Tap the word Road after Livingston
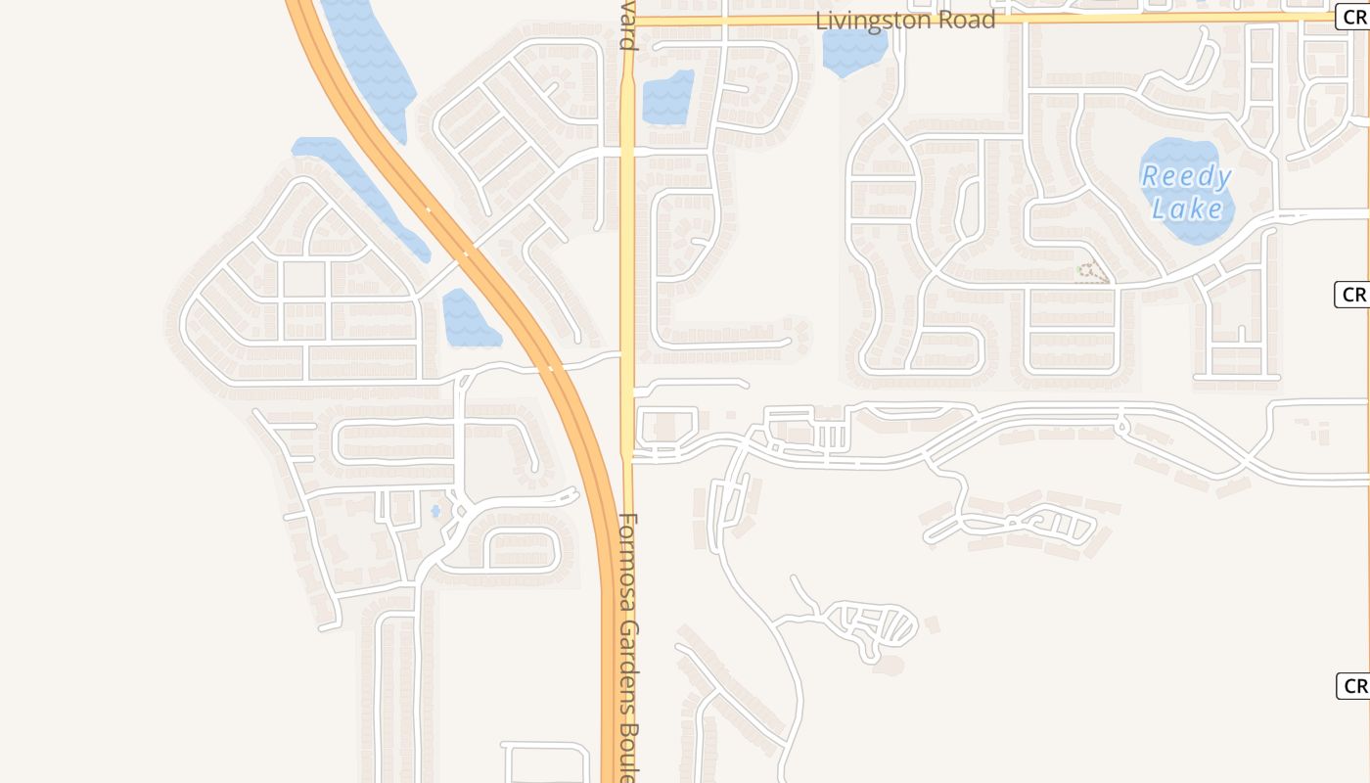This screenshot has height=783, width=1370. pos(966,21)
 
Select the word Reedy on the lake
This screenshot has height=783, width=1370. pos(1186,177)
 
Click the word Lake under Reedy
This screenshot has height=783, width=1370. pos(1187,208)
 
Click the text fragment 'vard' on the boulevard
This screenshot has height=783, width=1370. pos(628,27)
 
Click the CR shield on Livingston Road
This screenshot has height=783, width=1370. pos(1353,17)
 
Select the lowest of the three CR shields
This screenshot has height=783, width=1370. pos(1354,686)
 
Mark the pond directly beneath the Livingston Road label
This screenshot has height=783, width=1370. pos(854,51)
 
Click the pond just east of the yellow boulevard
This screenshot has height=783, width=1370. pos(668,98)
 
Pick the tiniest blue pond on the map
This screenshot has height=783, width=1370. pos(435,511)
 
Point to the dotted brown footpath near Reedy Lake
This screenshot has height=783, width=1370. pos(1092,273)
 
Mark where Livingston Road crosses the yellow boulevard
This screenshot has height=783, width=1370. pos(627,20)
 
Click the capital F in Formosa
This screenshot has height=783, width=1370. pos(628,523)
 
